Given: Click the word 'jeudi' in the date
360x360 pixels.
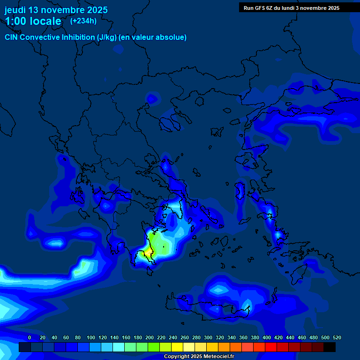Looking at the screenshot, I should pyautogui.click(x=15, y=10).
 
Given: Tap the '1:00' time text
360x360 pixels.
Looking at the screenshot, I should pyautogui.click(x=16, y=21).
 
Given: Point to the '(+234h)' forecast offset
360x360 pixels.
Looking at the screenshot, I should pyautogui.click(x=83, y=21).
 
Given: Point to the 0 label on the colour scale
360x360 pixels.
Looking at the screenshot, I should pyautogui.click(x=30, y=337).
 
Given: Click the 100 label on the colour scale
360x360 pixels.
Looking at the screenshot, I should pyautogui.click(x=91, y=337).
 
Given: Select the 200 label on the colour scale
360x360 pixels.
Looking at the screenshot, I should pyautogui.click(x=150, y=337).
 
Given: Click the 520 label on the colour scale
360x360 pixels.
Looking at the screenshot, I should pyautogui.click(x=337, y=337).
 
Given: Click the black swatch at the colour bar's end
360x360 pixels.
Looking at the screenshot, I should pyautogui.click(x=330, y=347).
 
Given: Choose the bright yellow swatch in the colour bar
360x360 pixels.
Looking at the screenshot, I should pyautogui.click(x=177, y=347).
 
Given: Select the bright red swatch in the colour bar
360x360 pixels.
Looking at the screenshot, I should pyautogui.click(x=271, y=347).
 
